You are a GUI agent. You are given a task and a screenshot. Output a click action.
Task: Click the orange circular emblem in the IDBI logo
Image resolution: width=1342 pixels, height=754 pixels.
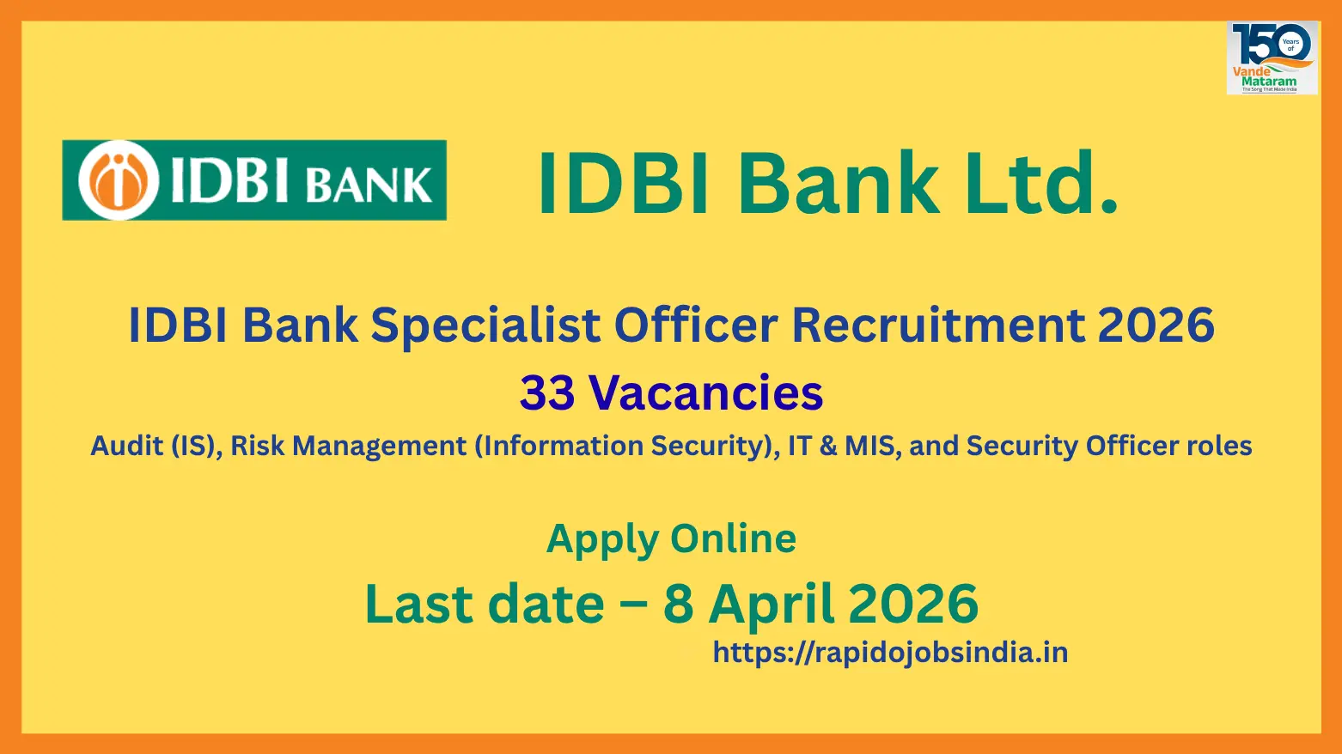[x=119, y=179]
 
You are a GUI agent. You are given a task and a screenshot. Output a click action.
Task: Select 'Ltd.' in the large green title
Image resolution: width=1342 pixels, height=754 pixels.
[x=1040, y=182]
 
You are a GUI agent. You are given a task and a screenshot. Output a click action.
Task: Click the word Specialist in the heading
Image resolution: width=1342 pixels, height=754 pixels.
[x=485, y=326]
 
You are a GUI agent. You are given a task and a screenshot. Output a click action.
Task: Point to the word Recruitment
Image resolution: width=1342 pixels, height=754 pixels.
[x=938, y=325]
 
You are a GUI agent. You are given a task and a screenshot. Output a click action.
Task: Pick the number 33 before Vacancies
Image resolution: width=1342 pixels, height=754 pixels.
[x=546, y=393]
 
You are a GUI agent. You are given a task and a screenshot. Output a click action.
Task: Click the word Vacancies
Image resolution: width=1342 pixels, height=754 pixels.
[x=705, y=393]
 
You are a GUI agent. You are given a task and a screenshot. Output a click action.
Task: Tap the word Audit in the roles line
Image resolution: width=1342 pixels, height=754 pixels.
[x=127, y=446]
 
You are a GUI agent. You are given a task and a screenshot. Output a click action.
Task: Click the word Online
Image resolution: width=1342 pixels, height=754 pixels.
[x=734, y=538]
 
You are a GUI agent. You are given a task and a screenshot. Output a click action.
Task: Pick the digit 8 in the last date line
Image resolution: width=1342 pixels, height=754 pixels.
[x=678, y=605]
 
